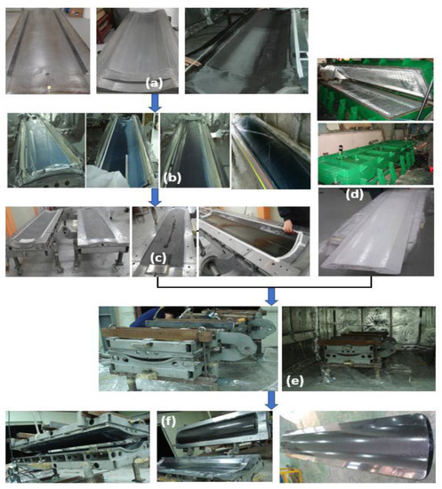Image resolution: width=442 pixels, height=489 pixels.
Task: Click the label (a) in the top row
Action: click(x=154, y=84)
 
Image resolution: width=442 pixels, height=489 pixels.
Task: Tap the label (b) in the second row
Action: click(x=173, y=178)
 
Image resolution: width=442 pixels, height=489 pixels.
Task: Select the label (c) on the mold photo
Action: click(x=157, y=258)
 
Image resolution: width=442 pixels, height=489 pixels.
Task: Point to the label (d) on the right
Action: click(x=355, y=195)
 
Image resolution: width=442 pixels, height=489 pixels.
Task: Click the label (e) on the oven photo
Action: click(x=294, y=381)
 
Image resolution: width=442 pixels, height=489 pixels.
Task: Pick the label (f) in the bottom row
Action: click(x=168, y=421)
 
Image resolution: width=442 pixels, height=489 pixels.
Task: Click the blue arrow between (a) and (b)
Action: click(x=155, y=103)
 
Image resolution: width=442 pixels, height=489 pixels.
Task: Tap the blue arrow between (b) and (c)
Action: click(x=155, y=197)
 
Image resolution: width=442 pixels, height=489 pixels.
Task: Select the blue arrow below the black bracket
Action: click(x=271, y=297)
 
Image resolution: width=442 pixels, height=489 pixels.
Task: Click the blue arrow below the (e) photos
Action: click(x=271, y=400)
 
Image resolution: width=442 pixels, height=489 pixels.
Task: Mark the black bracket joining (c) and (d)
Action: click(x=264, y=286)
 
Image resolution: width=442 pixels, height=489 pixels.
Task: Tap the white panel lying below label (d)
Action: click(x=376, y=237)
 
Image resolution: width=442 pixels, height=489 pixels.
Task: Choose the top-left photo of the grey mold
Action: click(x=48, y=51)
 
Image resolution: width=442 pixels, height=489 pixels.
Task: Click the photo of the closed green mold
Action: click(x=375, y=154)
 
